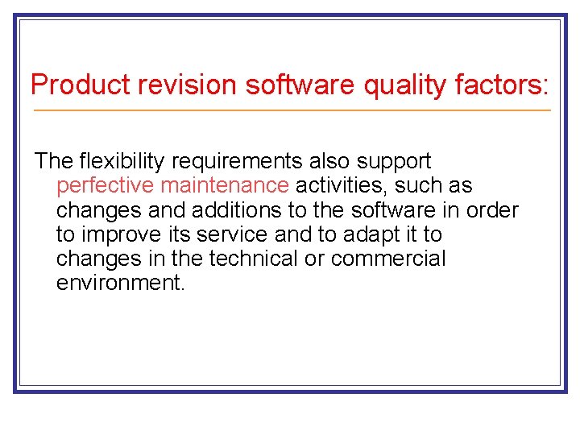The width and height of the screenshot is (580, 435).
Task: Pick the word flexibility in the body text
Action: tap(118, 161)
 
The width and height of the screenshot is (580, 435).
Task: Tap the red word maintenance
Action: tap(225, 185)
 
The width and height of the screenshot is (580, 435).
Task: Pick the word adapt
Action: tap(378, 234)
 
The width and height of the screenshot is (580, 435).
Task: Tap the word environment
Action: tap(121, 284)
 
